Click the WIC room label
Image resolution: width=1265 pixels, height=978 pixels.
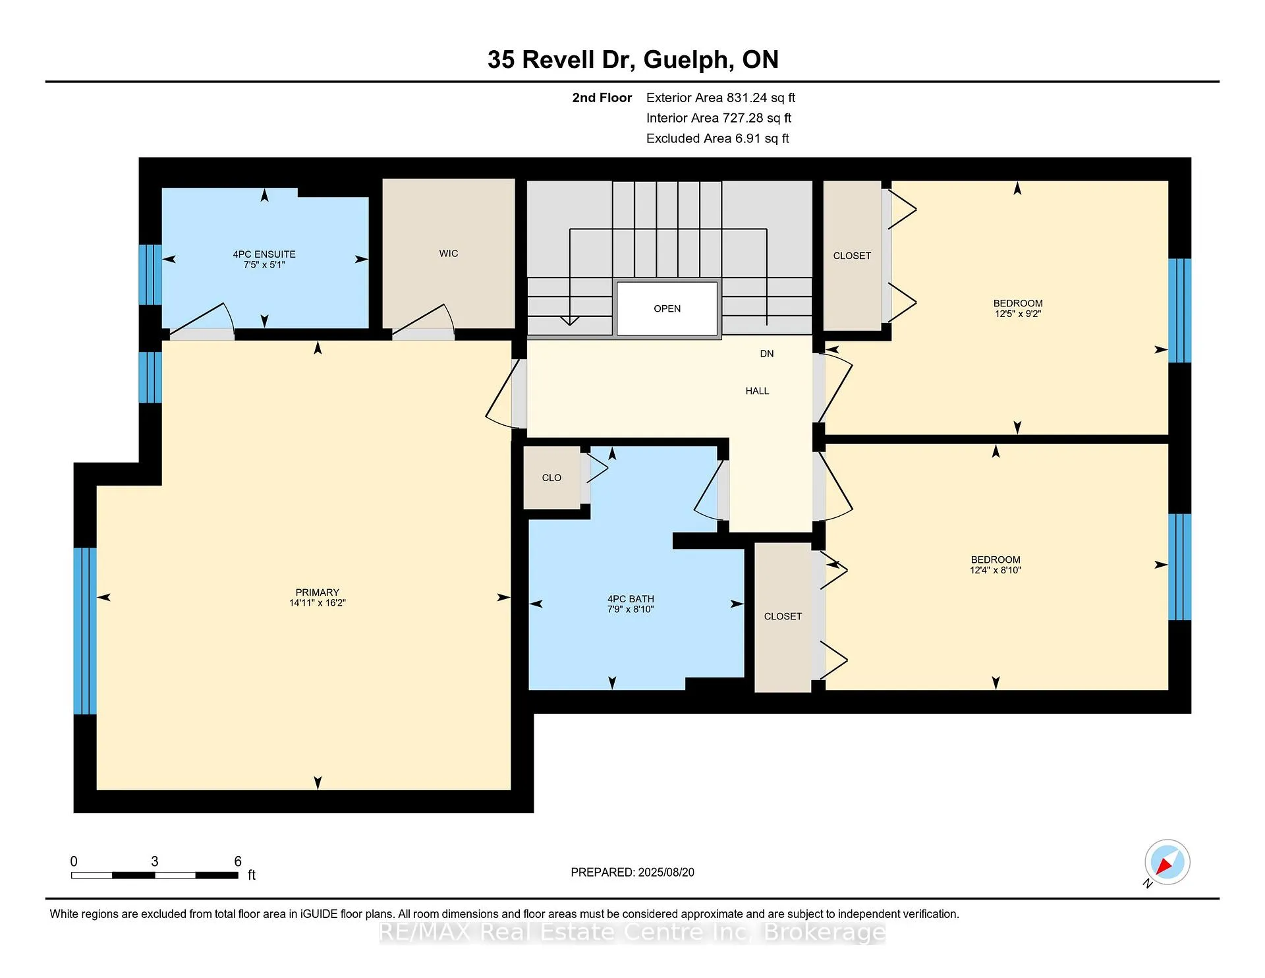[449, 254]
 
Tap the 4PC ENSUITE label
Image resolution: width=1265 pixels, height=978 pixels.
[264, 254]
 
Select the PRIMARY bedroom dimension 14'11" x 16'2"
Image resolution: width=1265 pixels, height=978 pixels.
[318, 603]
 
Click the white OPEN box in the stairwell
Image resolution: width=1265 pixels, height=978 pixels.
[667, 308]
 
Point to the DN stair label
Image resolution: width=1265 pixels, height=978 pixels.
[767, 354]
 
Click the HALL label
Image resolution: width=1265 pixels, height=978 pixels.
[757, 391]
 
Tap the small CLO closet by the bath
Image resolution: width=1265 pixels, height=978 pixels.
[552, 478]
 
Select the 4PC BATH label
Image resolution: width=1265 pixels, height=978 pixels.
[631, 599]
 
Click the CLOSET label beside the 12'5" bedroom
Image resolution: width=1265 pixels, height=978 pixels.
[852, 256]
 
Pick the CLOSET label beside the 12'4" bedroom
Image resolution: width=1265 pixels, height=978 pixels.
[783, 617]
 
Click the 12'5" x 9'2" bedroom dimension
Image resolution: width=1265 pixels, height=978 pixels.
[1018, 314]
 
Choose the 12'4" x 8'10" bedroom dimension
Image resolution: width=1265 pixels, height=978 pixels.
[996, 570]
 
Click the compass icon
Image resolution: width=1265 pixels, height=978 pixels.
[1167, 862]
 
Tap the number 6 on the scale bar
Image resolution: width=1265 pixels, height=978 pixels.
[238, 861]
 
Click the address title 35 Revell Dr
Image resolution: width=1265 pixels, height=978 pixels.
[561, 60]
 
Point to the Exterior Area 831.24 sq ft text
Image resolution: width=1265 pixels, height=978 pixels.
[721, 98]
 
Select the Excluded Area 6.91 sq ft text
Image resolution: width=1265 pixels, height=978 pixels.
[717, 138]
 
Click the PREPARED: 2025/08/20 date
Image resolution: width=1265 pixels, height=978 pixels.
[632, 873]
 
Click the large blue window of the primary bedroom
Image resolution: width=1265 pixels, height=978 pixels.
[85, 631]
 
